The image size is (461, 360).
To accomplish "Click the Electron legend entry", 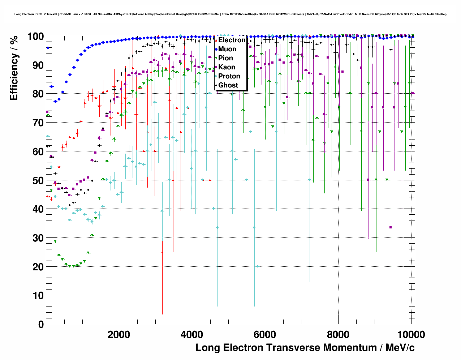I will tap(232, 40).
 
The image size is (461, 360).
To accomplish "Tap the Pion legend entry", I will tap(225, 58).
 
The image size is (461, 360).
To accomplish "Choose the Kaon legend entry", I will tap(227, 67).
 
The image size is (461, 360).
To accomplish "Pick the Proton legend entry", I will tap(229, 76).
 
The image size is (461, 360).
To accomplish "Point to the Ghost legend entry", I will tap(228, 85).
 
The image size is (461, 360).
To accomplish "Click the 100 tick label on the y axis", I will tap(35, 37).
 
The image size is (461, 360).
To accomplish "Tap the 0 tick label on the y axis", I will tap(41, 324).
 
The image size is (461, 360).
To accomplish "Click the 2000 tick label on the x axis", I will tap(119, 334).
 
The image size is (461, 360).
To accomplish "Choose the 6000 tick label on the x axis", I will tap(265, 334).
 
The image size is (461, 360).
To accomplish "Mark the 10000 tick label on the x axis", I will tap(411, 334).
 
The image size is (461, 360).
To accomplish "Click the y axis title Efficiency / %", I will tap(14, 68).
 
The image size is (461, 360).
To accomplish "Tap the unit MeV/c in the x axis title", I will tap(400, 348).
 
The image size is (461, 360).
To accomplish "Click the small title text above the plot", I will tap(231, 14).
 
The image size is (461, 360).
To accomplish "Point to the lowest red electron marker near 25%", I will tap(162, 252).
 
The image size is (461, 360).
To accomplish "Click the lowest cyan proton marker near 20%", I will tap(258, 266).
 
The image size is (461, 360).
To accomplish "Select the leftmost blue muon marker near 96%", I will tap(48, 48).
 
